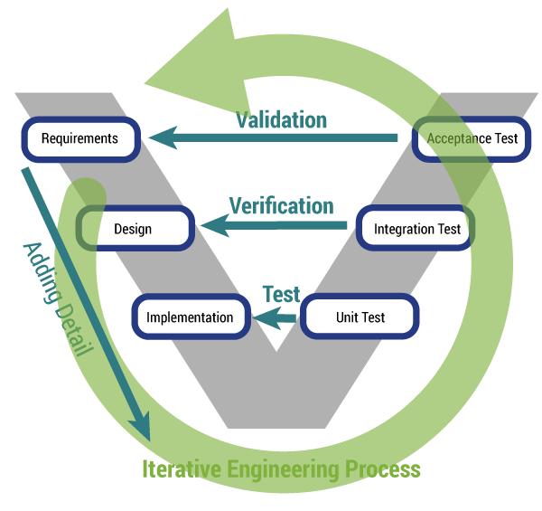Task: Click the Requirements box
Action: (x=80, y=139)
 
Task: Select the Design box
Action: (x=134, y=230)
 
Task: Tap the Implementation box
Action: (x=190, y=317)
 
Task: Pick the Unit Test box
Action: (x=360, y=317)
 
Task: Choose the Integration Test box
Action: (x=417, y=230)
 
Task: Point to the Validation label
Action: (x=281, y=119)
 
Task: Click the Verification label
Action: (x=281, y=205)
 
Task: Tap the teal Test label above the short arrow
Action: (x=281, y=294)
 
